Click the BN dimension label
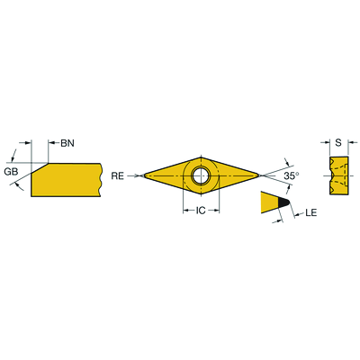(x=67, y=143)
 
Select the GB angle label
(x=11, y=172)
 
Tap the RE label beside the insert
(x=118, y=175)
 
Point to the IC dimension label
(x=201, y=211)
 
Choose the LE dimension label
(x=311, y=213)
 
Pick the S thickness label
(x=338, y=143)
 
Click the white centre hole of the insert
(x=201, y=175)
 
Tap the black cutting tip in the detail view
(x=283, y=202)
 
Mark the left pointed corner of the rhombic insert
(x=143, y=175)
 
